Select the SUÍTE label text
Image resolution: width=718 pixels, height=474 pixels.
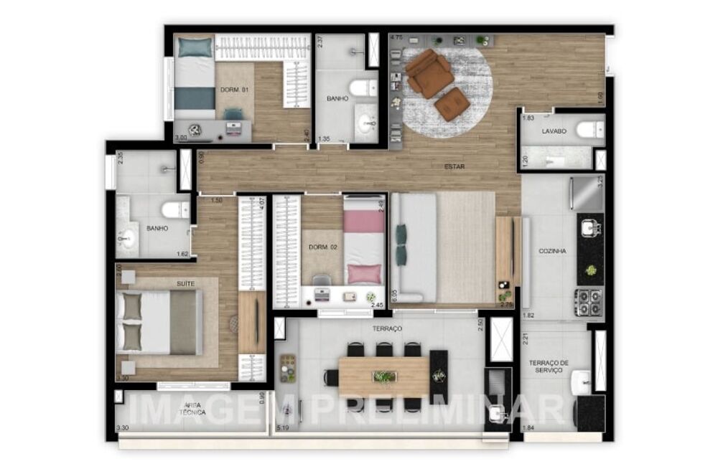coord(185,284)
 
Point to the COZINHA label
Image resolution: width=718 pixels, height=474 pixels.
coord(553,251)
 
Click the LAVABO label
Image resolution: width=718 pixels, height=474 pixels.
coord(554,131)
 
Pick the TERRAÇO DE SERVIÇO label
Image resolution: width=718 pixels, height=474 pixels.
coord(549,367)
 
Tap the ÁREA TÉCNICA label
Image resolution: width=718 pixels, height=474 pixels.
coord(192,409)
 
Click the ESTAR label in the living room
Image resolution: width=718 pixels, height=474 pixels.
coord(454,166)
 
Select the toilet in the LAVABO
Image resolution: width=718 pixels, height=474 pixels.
coord(590,130)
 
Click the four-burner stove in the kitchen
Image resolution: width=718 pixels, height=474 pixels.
coord(589,302)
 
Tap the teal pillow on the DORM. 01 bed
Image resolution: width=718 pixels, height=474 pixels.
coord(195,47)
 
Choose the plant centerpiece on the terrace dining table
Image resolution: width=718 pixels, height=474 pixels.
coord(384,376)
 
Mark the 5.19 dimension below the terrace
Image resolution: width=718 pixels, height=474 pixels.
coord(283,429)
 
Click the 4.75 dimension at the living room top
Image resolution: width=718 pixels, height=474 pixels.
coord(396,36)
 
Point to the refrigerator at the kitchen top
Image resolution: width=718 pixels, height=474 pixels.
coord(587,193)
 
